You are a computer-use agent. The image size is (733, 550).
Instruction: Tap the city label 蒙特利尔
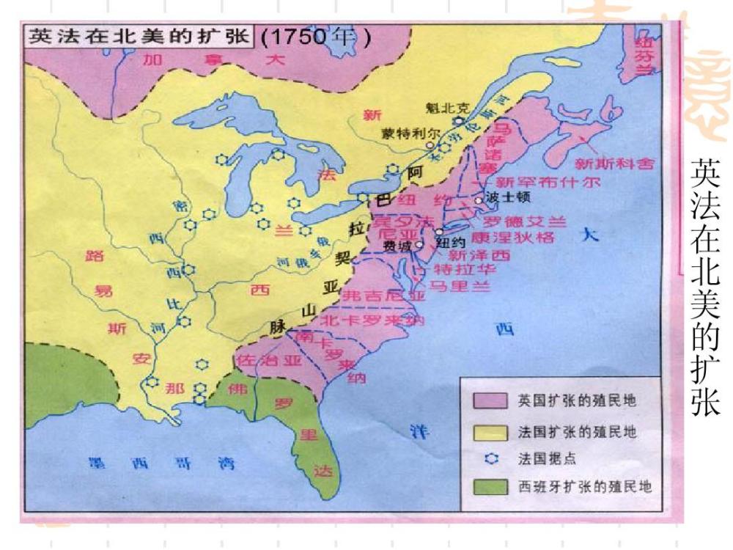(x=410, y=134)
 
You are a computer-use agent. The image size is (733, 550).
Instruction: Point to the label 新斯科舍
(x=614, y=164)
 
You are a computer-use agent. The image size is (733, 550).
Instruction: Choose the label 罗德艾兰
(x=524, y=221)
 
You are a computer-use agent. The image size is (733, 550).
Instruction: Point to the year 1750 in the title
(x=306, y=37)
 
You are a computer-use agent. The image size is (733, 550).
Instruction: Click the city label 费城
(x=397, y=246)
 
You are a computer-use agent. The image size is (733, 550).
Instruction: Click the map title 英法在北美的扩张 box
(x=139, y=37)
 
